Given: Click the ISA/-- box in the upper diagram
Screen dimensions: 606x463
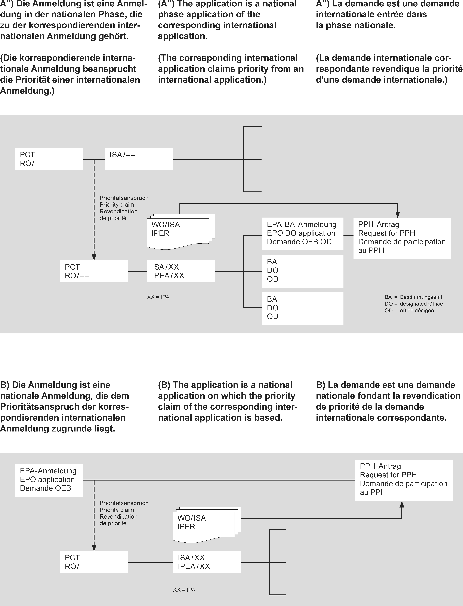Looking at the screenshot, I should [139, 159].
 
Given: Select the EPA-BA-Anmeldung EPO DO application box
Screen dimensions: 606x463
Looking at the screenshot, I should [302, 234].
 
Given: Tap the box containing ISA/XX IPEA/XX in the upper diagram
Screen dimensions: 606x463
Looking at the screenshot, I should [181, 271].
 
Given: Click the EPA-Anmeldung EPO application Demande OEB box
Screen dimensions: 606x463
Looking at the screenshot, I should [49, 480].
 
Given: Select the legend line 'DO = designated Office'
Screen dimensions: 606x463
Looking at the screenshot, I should [413, 304].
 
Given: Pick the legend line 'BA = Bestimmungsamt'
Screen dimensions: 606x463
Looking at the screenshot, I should [413, 297].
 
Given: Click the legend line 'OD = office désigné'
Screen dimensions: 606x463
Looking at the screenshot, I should [409, 311].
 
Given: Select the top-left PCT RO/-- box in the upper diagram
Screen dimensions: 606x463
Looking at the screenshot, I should [49, 159].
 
